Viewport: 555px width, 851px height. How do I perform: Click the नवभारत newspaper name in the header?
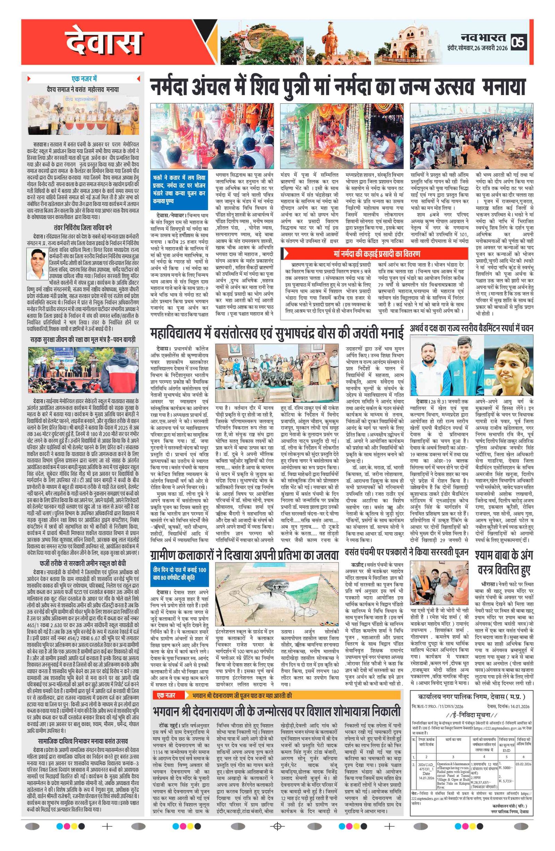coord(483,37)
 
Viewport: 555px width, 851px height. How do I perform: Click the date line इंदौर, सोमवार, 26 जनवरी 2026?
coord(477,48)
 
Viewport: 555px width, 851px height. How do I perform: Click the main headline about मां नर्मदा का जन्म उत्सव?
coord(337,87)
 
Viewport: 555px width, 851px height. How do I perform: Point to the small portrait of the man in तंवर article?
coord(37,264)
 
